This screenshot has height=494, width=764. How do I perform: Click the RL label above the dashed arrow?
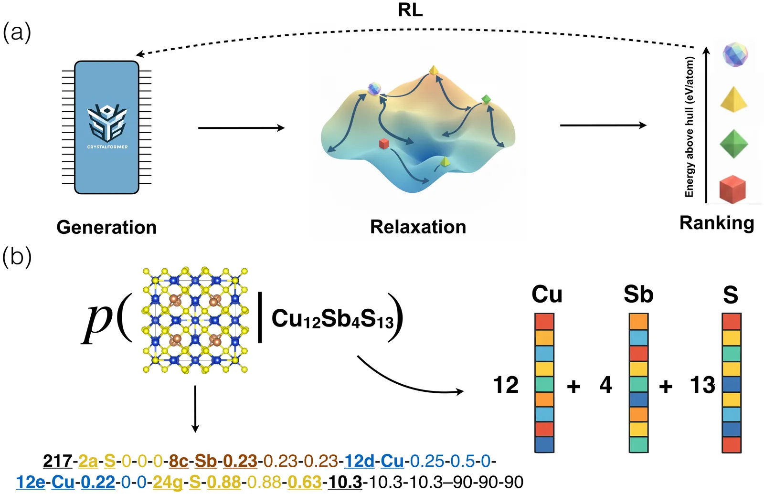coord(410,10)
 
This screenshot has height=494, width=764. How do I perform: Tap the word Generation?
coord(106,227)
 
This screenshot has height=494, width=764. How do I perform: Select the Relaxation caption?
coord(418,227)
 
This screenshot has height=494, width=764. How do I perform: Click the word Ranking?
coord(717,223)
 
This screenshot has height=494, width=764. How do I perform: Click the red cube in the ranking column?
coord(732,189)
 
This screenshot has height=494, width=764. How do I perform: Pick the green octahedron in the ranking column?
coord(733,144)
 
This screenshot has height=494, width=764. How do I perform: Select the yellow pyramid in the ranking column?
coord(733,100)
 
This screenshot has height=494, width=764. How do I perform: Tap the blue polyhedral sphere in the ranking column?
coord(735,55)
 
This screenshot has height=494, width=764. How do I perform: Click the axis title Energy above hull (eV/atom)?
coord(689,127)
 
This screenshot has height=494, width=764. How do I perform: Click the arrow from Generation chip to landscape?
coord(241,128)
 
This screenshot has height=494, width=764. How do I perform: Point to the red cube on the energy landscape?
coord(384,143)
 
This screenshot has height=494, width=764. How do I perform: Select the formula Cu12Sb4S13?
coord(333,319)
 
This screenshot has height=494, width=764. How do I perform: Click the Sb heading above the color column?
coord(638,294)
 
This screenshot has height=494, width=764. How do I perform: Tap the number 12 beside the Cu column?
coord(506,385)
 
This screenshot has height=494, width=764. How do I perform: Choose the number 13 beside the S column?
coord(703,385)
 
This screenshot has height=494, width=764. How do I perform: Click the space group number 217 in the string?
coord(57,461)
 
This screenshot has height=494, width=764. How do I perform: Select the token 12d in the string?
coord(360,461)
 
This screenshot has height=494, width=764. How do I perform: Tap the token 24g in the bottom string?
coord(168,482)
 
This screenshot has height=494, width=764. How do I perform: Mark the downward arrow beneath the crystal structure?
coord(195,409)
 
